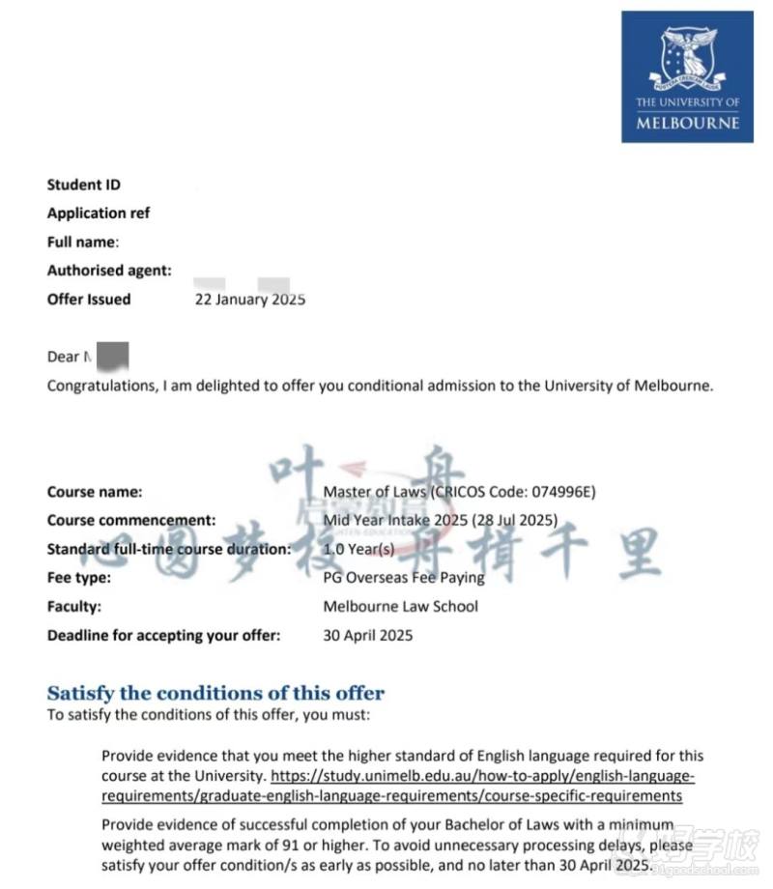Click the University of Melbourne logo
point(687,76)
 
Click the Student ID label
point(84,185)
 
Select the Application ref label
point(99,213)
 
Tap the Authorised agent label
point(109,271)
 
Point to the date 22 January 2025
point(250,300)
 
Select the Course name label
point(95,492)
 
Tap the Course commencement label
point(131,520)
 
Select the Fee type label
point(79,578)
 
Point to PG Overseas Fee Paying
point(404,578)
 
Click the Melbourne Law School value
point(401,607)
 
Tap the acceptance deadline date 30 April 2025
point(367,635)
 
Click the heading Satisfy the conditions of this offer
point(215,693)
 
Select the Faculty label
point(74,607)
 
